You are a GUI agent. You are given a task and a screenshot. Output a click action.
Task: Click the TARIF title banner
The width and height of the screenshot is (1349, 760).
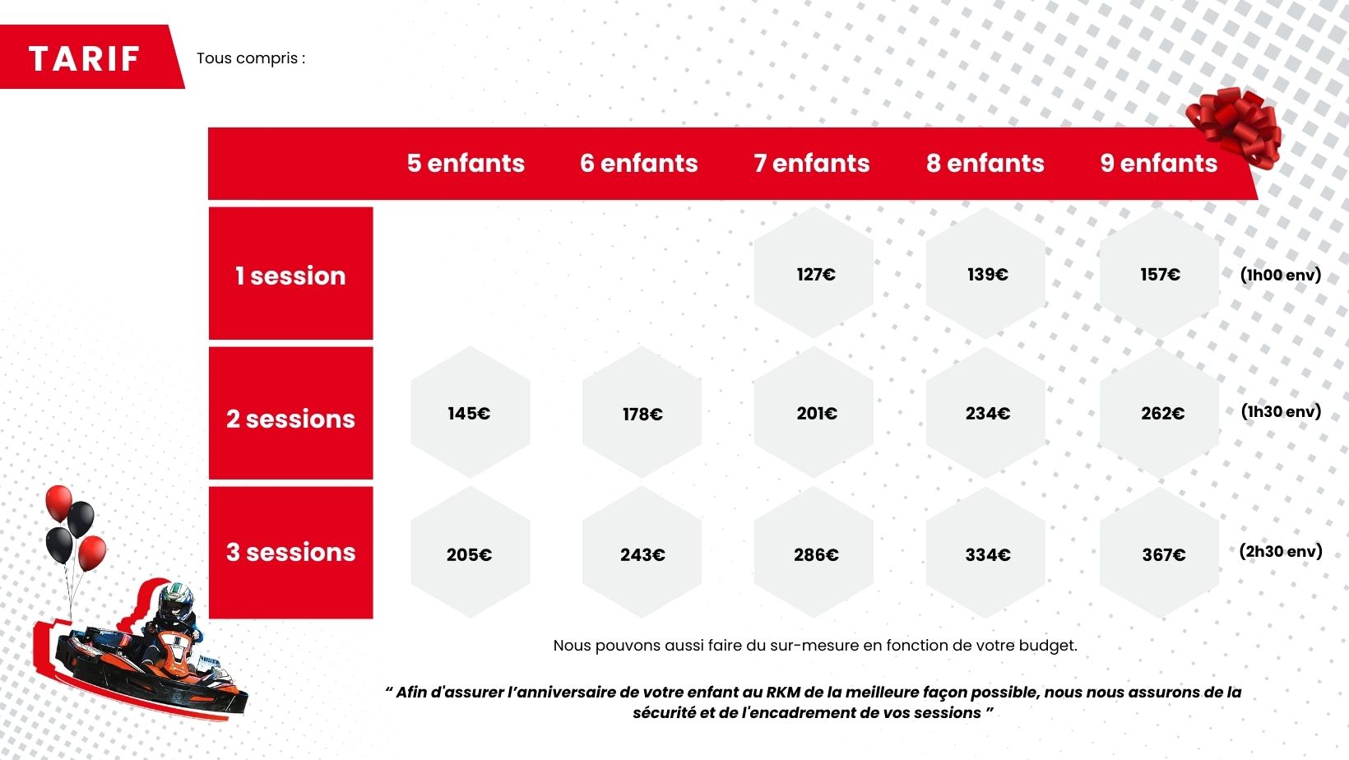point(90,58)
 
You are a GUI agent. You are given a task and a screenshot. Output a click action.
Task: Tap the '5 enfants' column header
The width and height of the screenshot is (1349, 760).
point(466,163)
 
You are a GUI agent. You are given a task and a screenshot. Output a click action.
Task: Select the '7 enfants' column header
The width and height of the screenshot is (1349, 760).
point(811,163)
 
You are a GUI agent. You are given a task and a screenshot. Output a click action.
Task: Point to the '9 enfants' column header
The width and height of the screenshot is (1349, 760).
point(1159,163)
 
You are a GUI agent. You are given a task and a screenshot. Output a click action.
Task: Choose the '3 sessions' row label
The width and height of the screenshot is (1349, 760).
point(291,552)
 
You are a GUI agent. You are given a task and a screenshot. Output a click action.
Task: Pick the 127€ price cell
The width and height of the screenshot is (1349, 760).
point(816,275)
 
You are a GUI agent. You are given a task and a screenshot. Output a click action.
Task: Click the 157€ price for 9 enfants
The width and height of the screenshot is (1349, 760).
point(1160,275)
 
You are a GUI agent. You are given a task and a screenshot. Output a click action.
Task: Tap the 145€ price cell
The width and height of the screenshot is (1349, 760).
point(469,413)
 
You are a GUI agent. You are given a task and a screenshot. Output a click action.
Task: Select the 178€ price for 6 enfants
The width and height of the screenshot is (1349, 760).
point(642,414)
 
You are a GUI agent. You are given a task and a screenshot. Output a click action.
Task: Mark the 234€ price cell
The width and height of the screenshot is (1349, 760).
point(988,413)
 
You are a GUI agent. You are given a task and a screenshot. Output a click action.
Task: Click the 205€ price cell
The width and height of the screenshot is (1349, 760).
point(469,554)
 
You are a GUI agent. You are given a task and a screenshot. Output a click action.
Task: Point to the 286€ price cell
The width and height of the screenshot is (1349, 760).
point(816,554)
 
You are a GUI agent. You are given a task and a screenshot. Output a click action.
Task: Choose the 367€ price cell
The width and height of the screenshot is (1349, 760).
point(1163,554)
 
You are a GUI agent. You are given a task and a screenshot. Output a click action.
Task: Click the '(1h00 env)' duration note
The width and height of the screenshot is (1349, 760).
point(1281,276)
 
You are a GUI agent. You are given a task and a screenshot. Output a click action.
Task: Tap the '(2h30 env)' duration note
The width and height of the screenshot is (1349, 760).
point(1281,551)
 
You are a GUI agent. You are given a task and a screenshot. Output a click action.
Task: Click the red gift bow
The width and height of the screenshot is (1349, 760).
point(1235,127)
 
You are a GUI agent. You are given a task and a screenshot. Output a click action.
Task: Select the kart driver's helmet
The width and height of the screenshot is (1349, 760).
point(175,601)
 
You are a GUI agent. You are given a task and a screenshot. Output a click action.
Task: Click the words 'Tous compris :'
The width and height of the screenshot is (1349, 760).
point(251,58)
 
